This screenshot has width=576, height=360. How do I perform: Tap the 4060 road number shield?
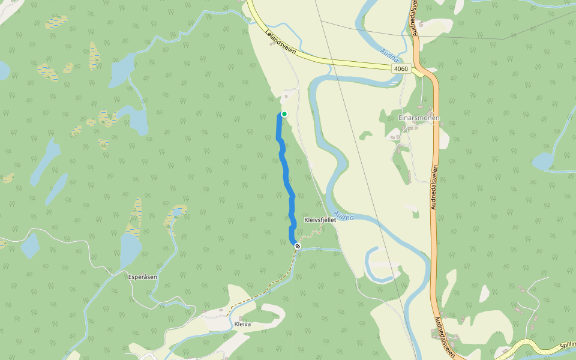pyautogui.click(x=401, y=69)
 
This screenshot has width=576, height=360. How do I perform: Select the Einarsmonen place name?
pyautogui.click(x=419, y=118)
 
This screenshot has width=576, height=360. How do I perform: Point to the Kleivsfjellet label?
pyautogui.click(x=320, y=220)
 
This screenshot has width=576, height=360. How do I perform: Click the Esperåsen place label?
pyautogui.click(x=143, y=277)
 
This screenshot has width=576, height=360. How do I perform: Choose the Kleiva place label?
pyautogui.click(x=242, y=324)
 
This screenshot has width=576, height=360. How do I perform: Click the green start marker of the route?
pyautogui.click(x=284, y=114)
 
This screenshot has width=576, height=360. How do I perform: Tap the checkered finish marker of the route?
pyautogui.click(x=297, y=245)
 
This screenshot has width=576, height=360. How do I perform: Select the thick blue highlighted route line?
pyautogui.click(x=286, y=174)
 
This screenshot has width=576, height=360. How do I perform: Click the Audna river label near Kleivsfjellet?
pyautogui.click(x=343, y=215)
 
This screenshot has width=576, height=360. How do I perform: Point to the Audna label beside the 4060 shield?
pyautogui.click(x=389, y=57)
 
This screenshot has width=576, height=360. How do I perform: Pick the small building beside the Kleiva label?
pyautogui.click(x=241, y=318)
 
